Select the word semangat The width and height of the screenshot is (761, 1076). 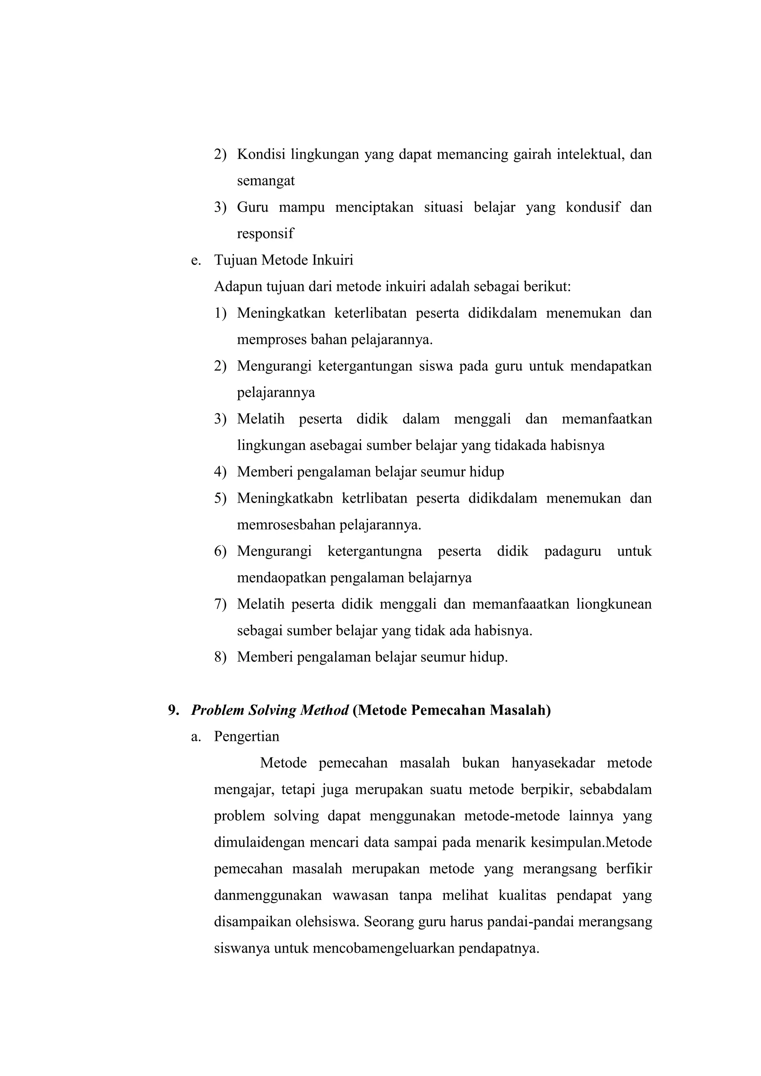click(266, 181)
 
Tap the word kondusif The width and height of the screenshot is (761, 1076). click(592, 207)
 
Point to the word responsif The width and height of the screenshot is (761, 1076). click(265, 233)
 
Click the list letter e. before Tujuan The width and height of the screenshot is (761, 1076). click(195, 260)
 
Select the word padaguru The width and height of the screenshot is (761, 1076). click(572, 551)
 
